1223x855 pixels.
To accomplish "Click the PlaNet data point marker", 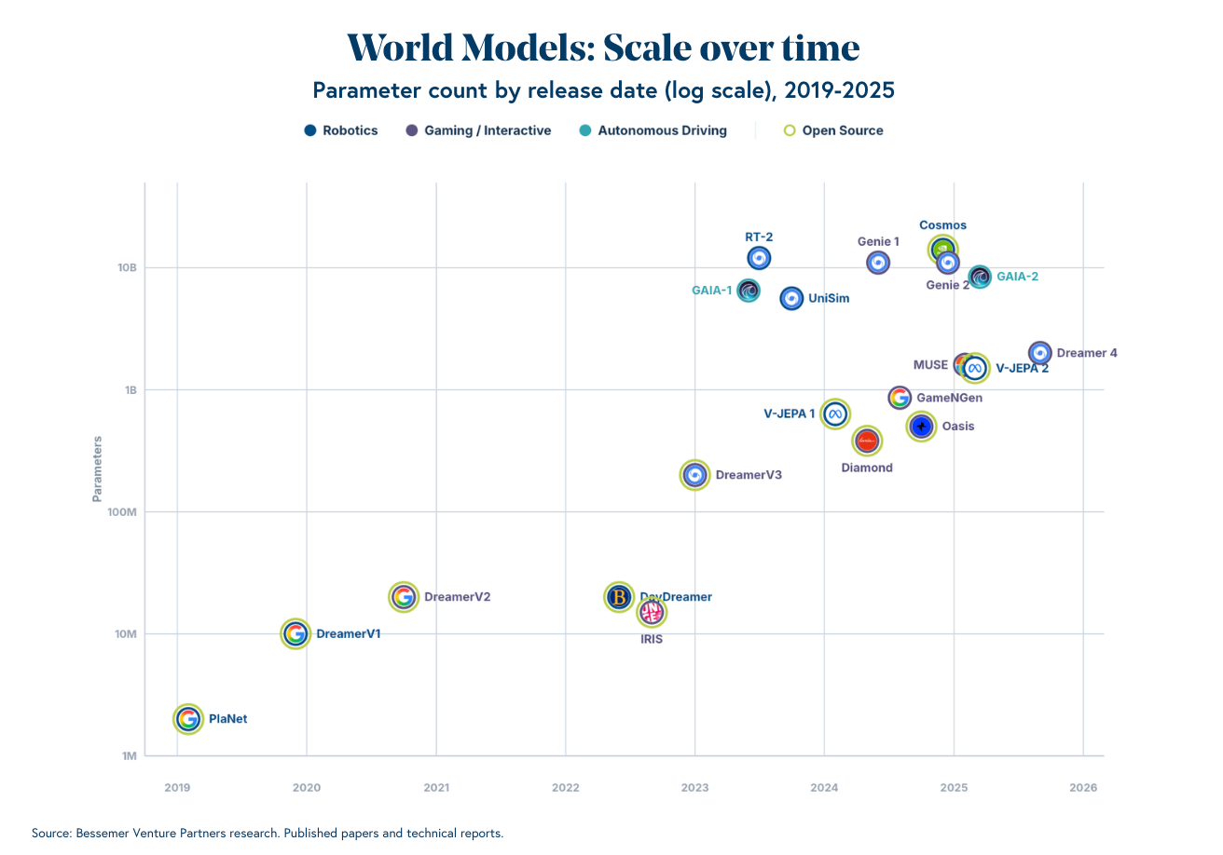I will [188, 719].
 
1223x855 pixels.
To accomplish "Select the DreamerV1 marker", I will [295, 634].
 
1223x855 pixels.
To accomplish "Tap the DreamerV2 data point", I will [403, 597].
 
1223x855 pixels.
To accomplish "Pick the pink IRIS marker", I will [652, 612].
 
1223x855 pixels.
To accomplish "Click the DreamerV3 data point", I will [694, 475].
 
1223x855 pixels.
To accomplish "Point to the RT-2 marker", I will [759, 258].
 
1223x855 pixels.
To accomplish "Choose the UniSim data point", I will [791, 299].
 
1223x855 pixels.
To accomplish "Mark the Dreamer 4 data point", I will [1040, 353].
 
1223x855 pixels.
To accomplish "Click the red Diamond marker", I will [867, 441].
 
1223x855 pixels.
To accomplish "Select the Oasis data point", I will [921, 427].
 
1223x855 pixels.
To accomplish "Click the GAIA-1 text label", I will [712, 291].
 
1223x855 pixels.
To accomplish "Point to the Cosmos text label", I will [942, 225].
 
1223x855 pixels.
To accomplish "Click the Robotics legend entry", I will [341, 130].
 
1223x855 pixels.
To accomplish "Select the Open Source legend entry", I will [832, 130].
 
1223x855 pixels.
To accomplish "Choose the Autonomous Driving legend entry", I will [653, 130].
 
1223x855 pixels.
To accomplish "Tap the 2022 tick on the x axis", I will [566, 788].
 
